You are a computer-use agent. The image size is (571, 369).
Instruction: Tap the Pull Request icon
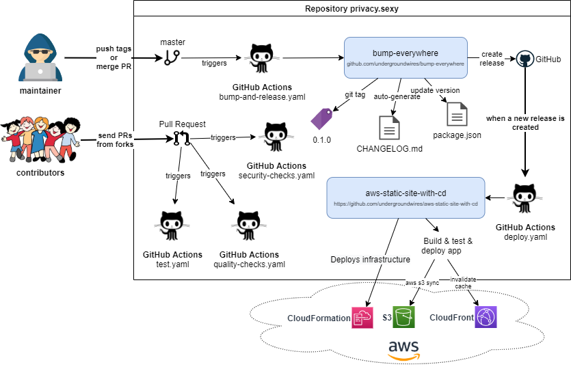(x=181, y=139)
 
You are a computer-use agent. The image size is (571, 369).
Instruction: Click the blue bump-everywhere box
(x=406, y=57)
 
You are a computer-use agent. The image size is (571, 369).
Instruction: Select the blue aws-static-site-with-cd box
(x=406, y=197)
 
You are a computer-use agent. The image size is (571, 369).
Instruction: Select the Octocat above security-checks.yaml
(x=276, y=139)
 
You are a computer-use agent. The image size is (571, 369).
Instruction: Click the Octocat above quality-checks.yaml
(x=249, y=228)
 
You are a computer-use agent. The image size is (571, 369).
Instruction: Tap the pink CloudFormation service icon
(x=362, y=317)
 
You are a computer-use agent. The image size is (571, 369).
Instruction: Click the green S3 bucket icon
(x=404, y=317)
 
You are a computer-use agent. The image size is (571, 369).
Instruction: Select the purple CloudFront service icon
(x=486, y=317)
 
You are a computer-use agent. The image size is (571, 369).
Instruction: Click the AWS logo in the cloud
(x=404, y=348)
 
